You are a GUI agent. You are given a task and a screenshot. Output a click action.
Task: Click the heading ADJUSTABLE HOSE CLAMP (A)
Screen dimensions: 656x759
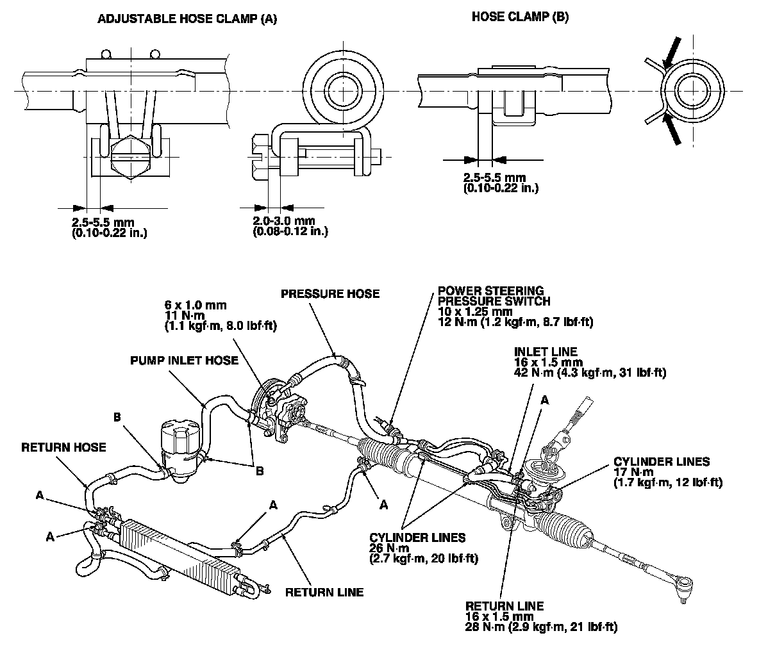pyautogui.click(x=187, y=19)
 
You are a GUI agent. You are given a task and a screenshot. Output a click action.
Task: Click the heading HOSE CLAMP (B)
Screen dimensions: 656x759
pyautogui.click(x=520, y=17)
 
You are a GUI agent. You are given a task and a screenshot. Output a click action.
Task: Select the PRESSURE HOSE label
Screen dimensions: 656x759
pyautogui.click(x=330, y=294)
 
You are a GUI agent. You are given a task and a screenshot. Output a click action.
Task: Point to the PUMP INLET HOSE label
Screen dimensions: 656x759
pyautogui.click(x=184, y=360)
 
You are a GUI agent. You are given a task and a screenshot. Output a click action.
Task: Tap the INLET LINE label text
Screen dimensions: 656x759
pyautogui.click(x=545, y=351)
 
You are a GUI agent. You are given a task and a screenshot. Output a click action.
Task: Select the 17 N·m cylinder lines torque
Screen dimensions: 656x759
pyautogui.click(x=630, y=472)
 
